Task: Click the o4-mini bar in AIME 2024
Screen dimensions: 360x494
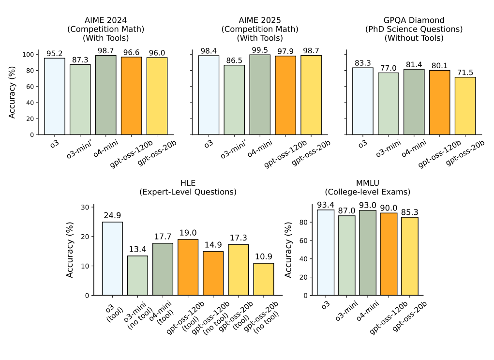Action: click(106, 95)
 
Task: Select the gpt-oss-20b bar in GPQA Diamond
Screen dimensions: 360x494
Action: click(465, 106)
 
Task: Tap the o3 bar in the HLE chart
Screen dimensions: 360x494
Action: click(112, 258)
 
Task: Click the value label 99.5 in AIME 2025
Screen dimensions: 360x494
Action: click(260, 50)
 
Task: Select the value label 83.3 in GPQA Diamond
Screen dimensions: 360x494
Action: click(363, 63)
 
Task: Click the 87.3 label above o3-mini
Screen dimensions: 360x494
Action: click(80, 60)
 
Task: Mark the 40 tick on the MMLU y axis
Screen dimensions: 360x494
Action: click(304, 259)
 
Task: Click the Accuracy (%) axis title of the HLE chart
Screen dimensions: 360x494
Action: click(71, 250)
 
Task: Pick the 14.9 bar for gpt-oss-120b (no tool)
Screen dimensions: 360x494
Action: click(213, 273)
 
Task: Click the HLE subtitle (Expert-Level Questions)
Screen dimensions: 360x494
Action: click(188, 192)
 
